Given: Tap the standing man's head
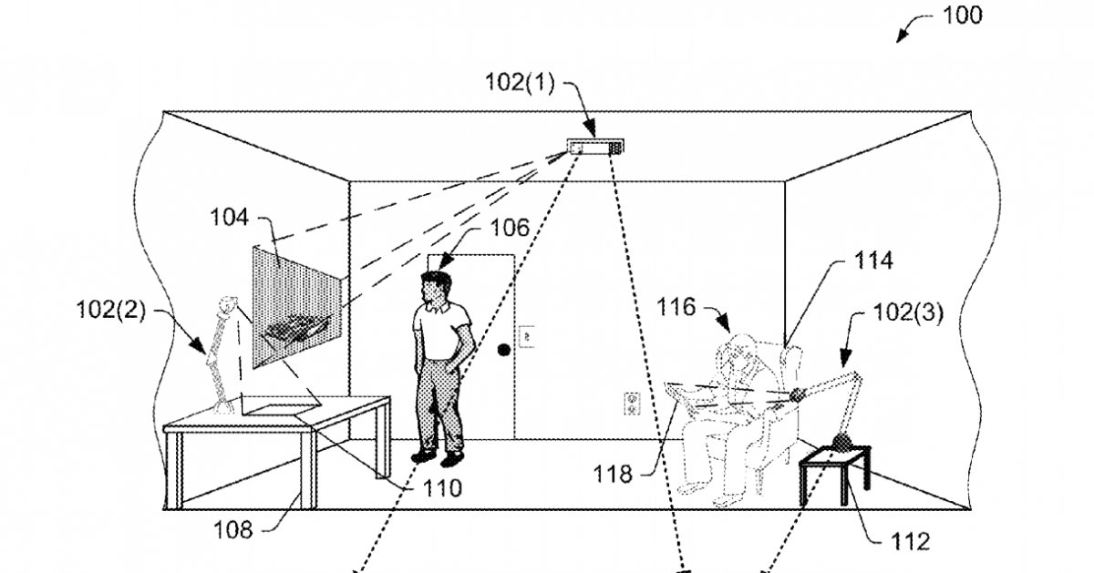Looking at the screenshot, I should tap(436, 288).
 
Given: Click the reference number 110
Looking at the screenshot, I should tap(438, 488).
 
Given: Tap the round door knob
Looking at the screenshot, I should tap(502, 349).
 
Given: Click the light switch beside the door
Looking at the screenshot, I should tap(526, 336).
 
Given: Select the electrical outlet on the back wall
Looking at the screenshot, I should tap(630, 402).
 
